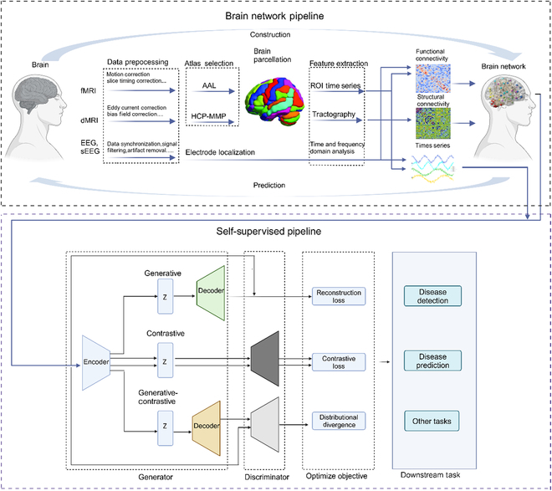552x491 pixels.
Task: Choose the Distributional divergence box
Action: point(335,421)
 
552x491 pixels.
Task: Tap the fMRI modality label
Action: point(87,88)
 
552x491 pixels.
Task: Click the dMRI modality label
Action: point(87,122)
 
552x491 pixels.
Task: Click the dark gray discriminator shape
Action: point(265,360)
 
